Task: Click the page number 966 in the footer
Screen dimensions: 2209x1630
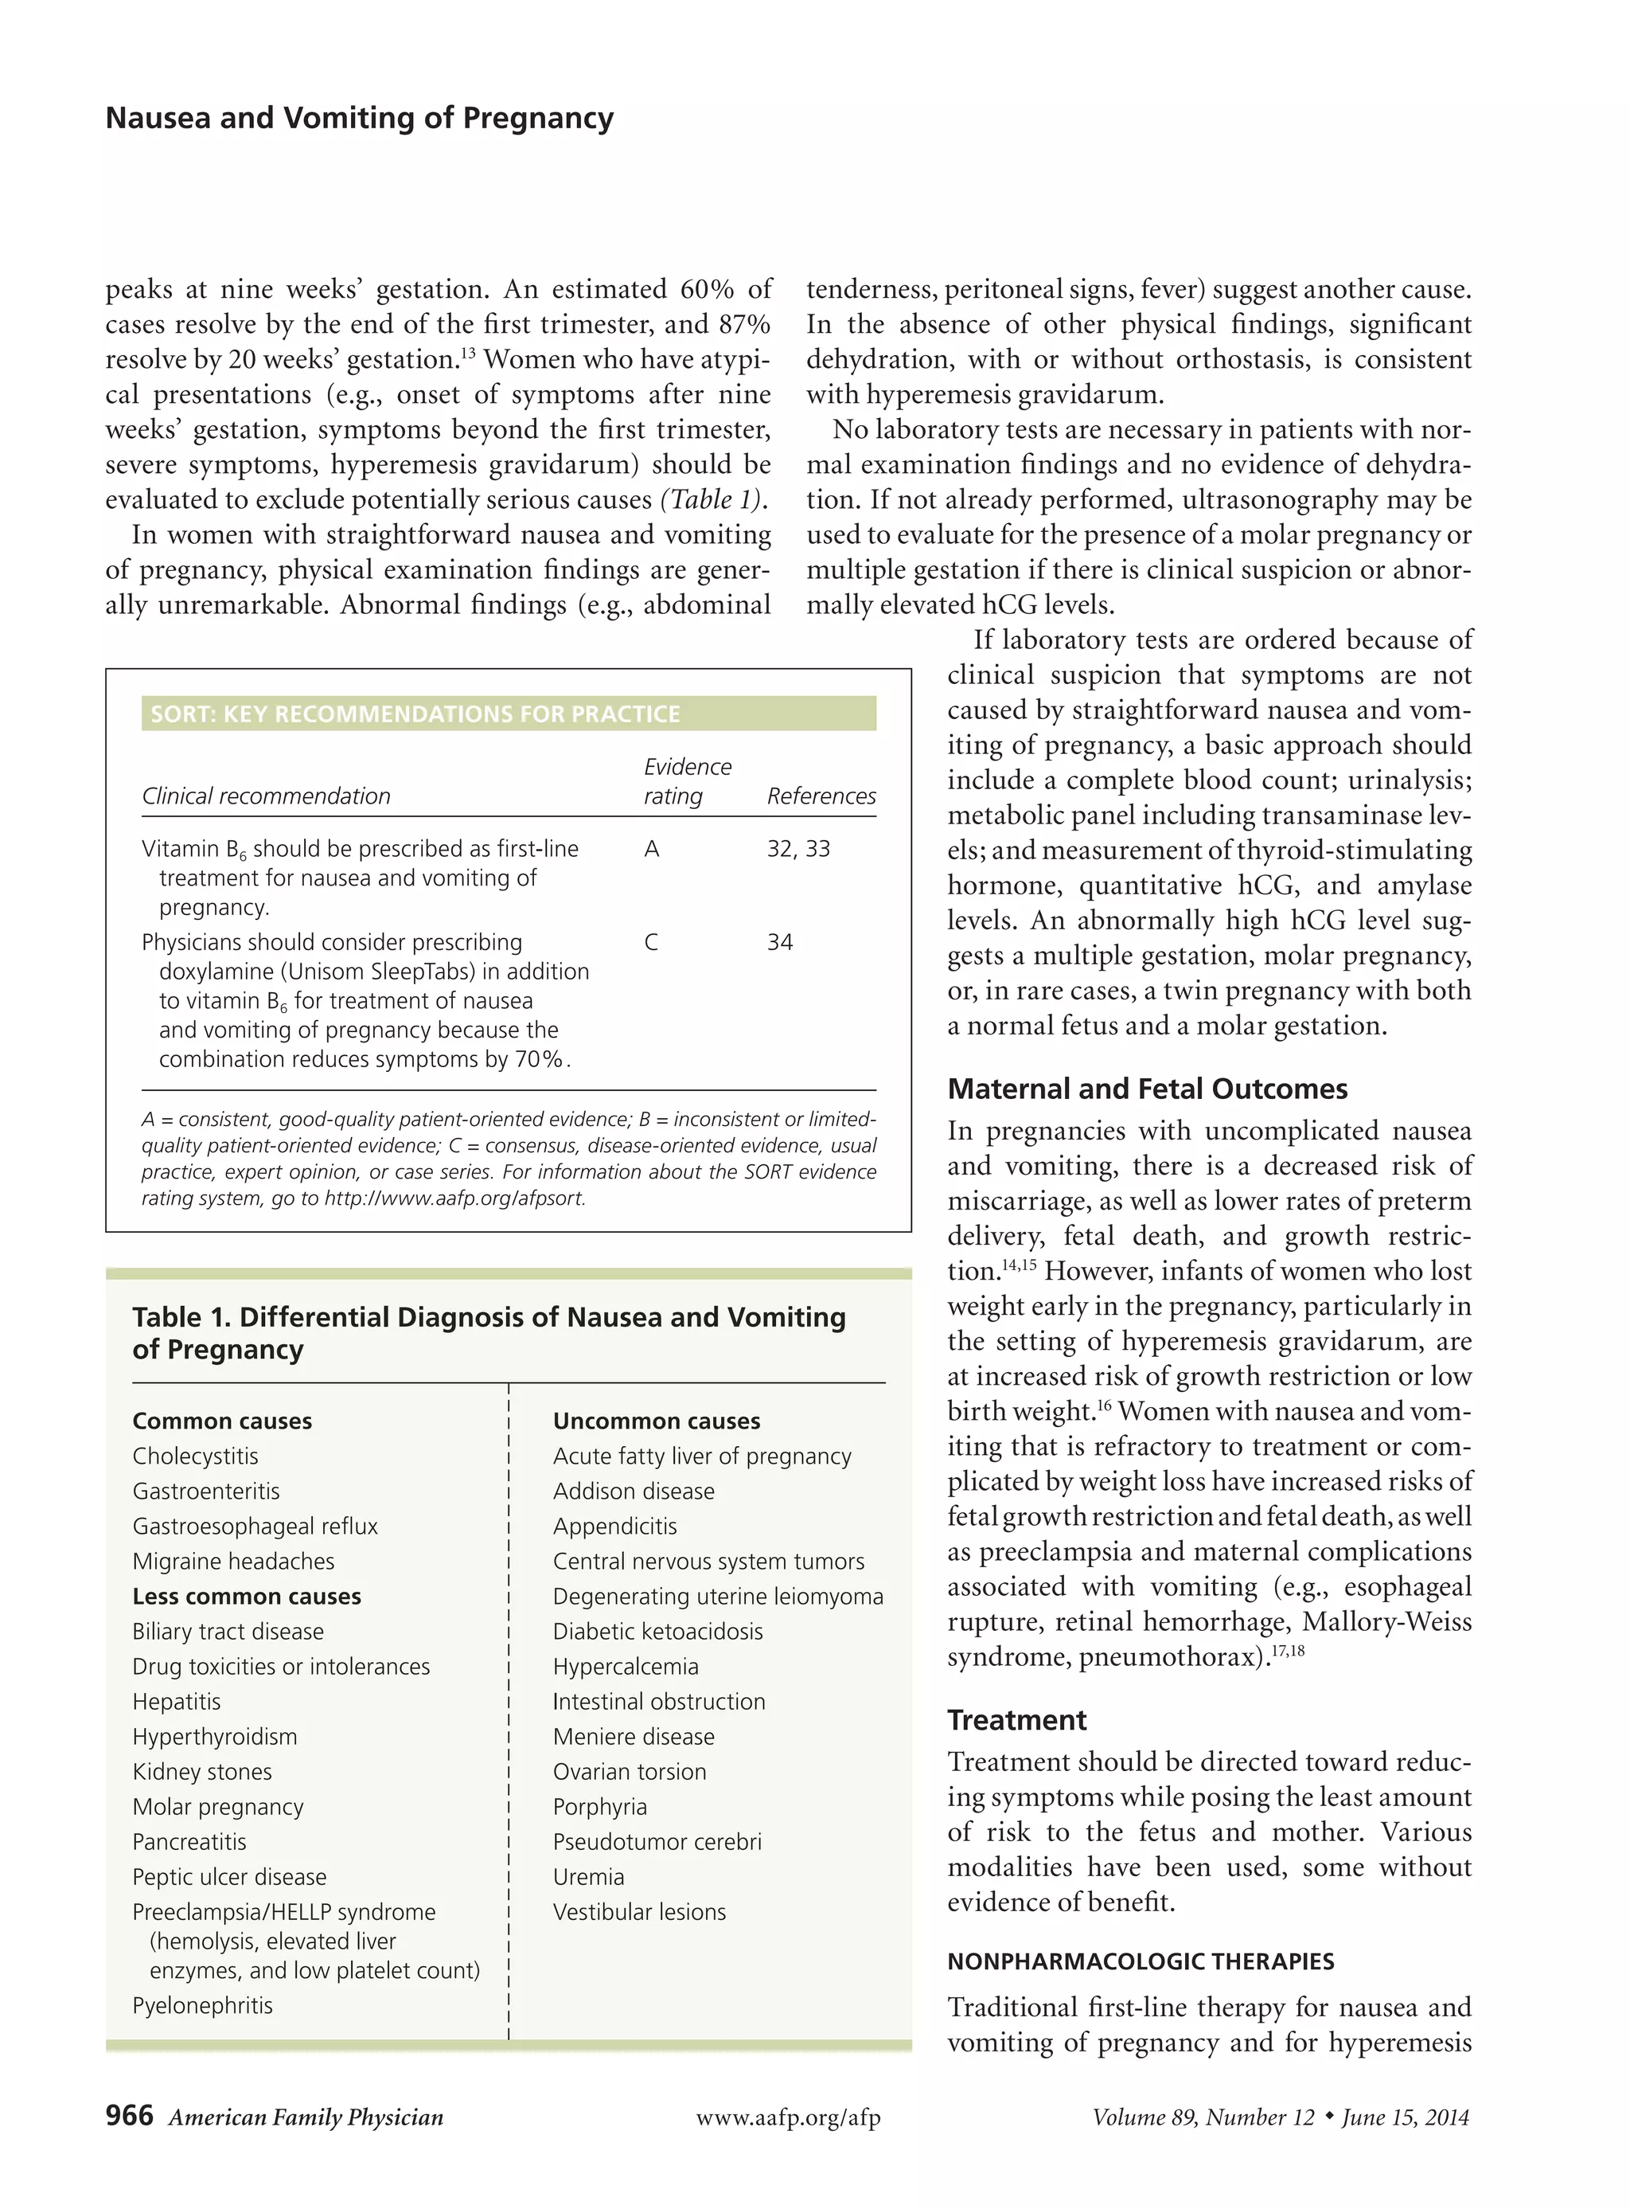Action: click(x=129, y=2115)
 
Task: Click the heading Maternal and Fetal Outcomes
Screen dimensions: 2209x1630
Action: click(x=1147, y=1089)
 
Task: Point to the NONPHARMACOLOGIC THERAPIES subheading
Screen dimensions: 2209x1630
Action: click(x=1141, y=1961)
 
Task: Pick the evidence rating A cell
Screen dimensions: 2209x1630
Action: click(x=651, y=849)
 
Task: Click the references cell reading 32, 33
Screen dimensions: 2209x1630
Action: click(x=798, y=849)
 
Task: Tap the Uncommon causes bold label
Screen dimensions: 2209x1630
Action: click(x=656, y=1421)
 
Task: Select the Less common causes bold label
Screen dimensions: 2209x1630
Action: click(x=247, y=1596)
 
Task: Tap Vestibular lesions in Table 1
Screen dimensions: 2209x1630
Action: click(x=639, y=1912)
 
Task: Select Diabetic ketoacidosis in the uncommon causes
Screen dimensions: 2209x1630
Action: click(x=657, y=1631)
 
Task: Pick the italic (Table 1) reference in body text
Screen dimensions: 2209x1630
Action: click(x=713, y=499)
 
